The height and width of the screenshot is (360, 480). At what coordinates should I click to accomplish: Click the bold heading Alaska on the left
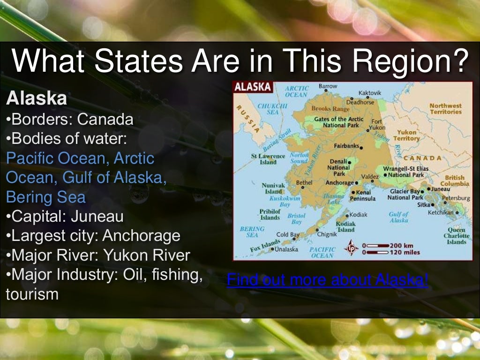pos(36,99)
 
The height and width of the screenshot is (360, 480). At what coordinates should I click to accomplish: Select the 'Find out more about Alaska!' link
pos(327,280)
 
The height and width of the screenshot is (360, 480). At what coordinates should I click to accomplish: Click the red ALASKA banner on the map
pos(253,87)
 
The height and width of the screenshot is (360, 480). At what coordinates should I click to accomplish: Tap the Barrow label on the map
pos(328,86)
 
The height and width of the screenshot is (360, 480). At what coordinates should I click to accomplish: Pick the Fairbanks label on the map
pos(346,146)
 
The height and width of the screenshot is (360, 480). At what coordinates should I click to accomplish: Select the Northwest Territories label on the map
pos(445,109)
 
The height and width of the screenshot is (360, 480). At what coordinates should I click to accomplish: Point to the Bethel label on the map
pos(304,182)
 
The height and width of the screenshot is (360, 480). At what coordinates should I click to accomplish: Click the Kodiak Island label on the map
pos(345,227)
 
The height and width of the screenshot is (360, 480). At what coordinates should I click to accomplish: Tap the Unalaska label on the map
pos(286,249)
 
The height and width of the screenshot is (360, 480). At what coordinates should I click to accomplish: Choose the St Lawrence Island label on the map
pos(268,159)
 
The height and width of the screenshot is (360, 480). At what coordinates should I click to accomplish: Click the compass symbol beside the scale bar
pos(352,248)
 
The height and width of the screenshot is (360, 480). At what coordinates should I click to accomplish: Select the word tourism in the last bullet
pos(32,294)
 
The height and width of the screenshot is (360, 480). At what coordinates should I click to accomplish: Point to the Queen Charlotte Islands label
pos(456,236)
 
